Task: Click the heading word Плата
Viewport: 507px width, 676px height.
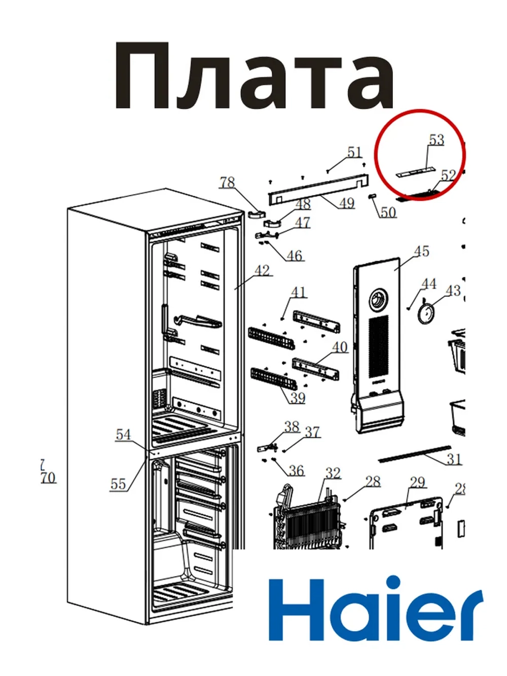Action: click(x=253, y=76)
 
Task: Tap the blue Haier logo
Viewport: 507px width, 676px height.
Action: click(x=375, y=609)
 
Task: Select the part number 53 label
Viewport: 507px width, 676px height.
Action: click(x=436, y=139)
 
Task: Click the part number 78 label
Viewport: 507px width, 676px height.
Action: click(x=227, y=182)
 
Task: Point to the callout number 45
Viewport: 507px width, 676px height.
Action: click(x=421, y=251)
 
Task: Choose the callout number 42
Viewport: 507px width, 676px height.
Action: click(x=262, y=270)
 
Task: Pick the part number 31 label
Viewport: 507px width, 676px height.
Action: click(x=454, y=459)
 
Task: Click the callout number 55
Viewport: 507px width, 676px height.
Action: click(x=118, y=484)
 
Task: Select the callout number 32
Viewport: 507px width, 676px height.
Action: click(x=333, y=473)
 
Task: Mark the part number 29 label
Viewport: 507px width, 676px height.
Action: click(x=417, y=482)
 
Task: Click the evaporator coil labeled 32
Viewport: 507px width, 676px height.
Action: click(x=309, y=522)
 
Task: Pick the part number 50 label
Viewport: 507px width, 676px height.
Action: click(x=388, y=212)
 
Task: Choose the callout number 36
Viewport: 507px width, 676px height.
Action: click(x=296, y=471)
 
